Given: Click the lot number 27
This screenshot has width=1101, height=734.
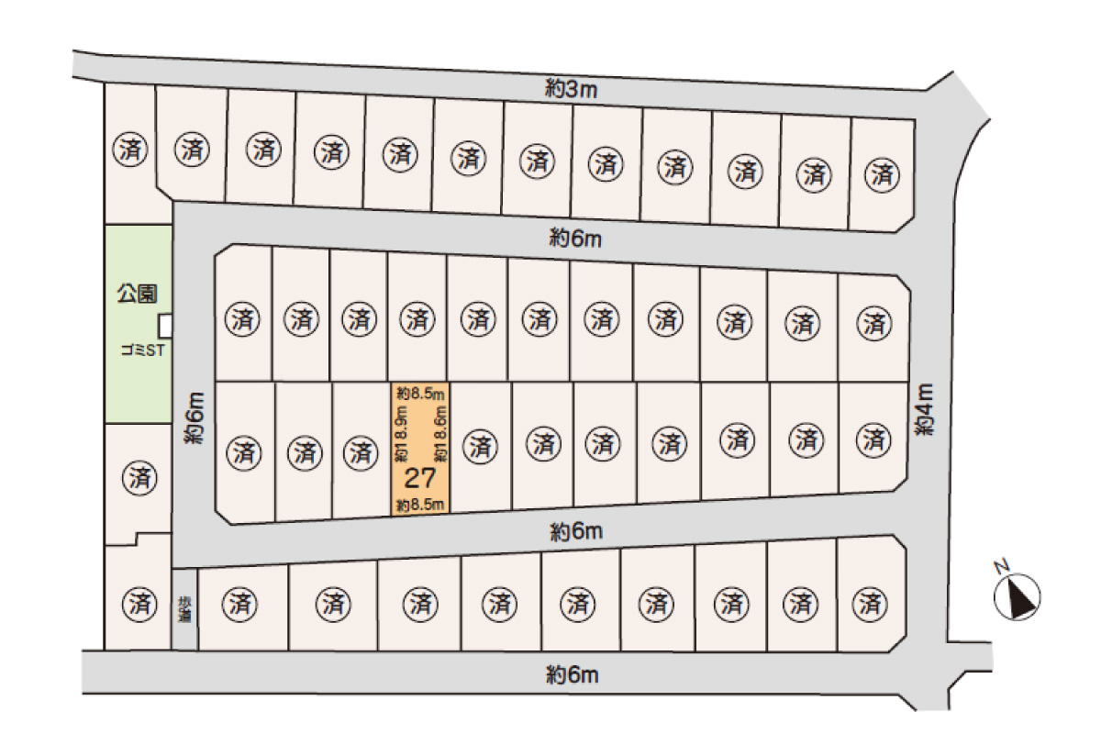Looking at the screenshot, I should click(x=419, y=477).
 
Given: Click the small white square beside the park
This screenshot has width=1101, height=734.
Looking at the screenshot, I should click(x=166, y=326).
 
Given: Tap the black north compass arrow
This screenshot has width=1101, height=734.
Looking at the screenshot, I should click(x=1018, y=597).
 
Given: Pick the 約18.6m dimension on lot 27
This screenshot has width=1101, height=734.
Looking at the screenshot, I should click(x=440, y=436).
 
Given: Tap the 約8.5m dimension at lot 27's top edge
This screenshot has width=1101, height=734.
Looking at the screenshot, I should click(x=420, y=393).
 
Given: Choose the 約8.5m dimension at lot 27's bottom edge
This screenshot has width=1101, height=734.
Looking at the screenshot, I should click(x=420, y=505).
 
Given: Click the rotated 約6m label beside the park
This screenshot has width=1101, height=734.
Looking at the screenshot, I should click(x=193, y=418).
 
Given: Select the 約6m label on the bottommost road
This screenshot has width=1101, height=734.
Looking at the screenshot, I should click(x=573, y=676).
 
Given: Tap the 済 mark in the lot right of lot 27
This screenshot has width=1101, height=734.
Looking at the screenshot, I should click(x=478, y=447).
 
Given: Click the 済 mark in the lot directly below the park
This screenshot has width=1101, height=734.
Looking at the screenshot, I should click(x=139, y=477).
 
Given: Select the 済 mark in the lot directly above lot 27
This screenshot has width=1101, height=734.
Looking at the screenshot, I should click(x=417, y=320).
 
